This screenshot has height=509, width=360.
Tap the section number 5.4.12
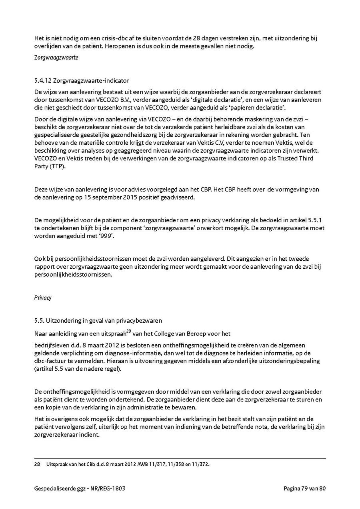pyautogui.click(x=44, y=81)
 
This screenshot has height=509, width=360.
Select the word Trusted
pyautogui.click(x=284, y=158)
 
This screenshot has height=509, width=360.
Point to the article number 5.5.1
pyautogui.click(x=317, y=220)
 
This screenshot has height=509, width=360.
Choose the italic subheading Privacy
pyautogui.click(x=43, y=298)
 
